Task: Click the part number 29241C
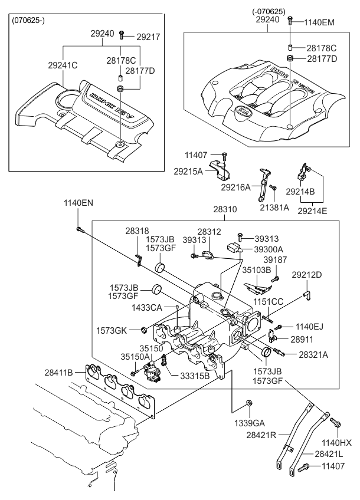click(63, 65)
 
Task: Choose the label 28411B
click(58, 372)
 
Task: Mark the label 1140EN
click(78, 203)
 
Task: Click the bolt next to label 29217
click(122, 35)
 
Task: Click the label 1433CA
click(147, 308)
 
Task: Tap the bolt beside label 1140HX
click(335, 422)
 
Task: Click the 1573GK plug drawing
click(144, 329)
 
